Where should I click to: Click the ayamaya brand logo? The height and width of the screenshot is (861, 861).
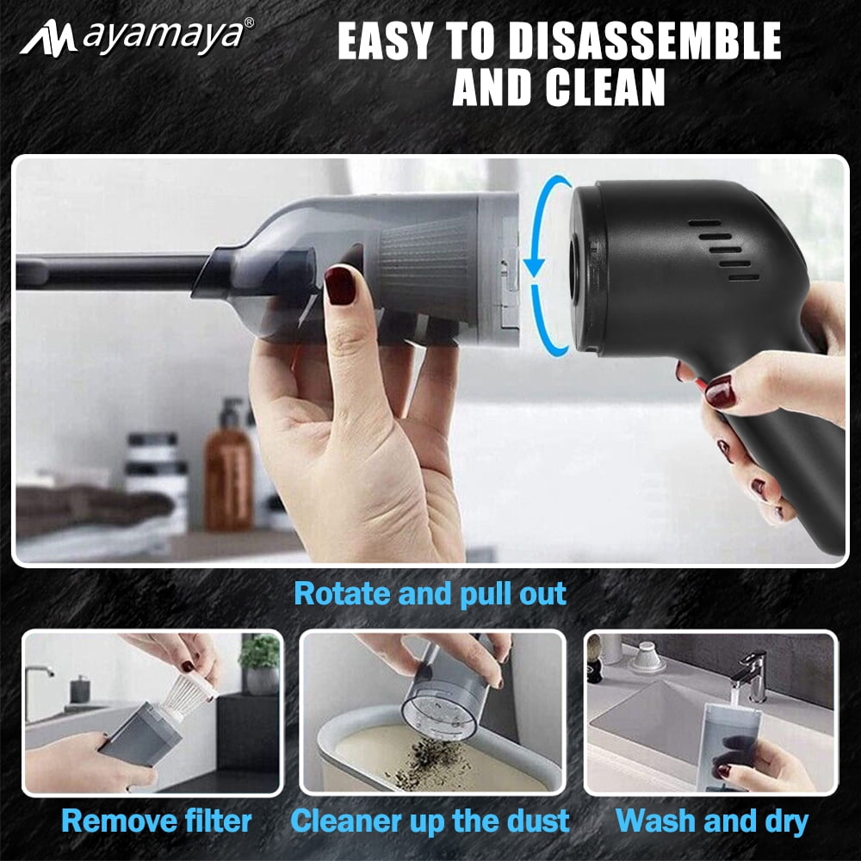pos(137,37)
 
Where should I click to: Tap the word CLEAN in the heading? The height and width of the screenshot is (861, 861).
pos(604,87)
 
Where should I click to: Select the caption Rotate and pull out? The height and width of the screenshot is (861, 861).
pos(430,593)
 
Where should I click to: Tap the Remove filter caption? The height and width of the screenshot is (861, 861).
pos(157,821)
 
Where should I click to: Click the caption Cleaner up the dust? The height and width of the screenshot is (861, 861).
pos(430,821)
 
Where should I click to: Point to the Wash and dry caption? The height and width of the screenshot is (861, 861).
pos(712,821)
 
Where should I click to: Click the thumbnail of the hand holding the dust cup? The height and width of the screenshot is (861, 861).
pos(433,712)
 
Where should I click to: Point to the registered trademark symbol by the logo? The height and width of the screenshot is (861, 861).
pos(249,22)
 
